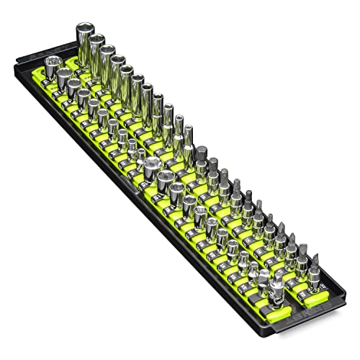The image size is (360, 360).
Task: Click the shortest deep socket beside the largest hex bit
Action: (189, 132)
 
